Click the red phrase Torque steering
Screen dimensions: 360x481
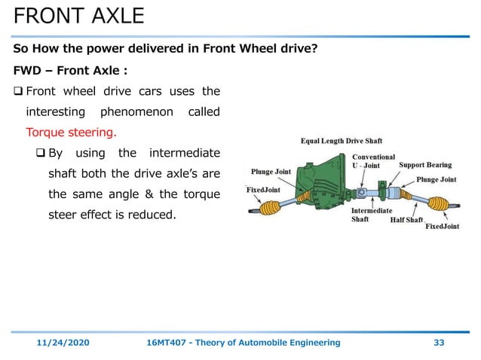click(71, 132)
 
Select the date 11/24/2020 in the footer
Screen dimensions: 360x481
click(64, 343)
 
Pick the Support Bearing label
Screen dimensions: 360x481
click(425, 164)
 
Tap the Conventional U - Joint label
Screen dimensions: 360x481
click(373, 161)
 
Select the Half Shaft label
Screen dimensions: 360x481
click(407, 221)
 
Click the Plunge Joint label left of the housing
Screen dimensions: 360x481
click(271, 172)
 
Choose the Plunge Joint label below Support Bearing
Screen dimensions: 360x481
click(437, 179)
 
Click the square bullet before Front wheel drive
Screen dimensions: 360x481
click(18, 92)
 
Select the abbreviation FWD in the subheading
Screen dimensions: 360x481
click(29, 72)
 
